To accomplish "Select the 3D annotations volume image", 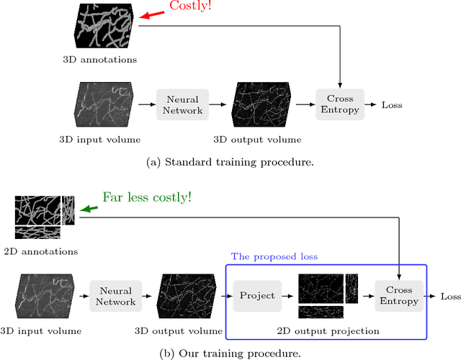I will point(107,27).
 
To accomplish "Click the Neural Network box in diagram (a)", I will point(182,105).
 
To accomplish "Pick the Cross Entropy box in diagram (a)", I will point(339,105).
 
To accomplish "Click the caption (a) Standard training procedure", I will point(230,162).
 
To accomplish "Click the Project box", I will point(257,296).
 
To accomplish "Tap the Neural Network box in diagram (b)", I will point(116,296).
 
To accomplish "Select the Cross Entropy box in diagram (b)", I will point(398,296).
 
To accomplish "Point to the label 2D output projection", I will point(327,330).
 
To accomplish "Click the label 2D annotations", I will point(45,251).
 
